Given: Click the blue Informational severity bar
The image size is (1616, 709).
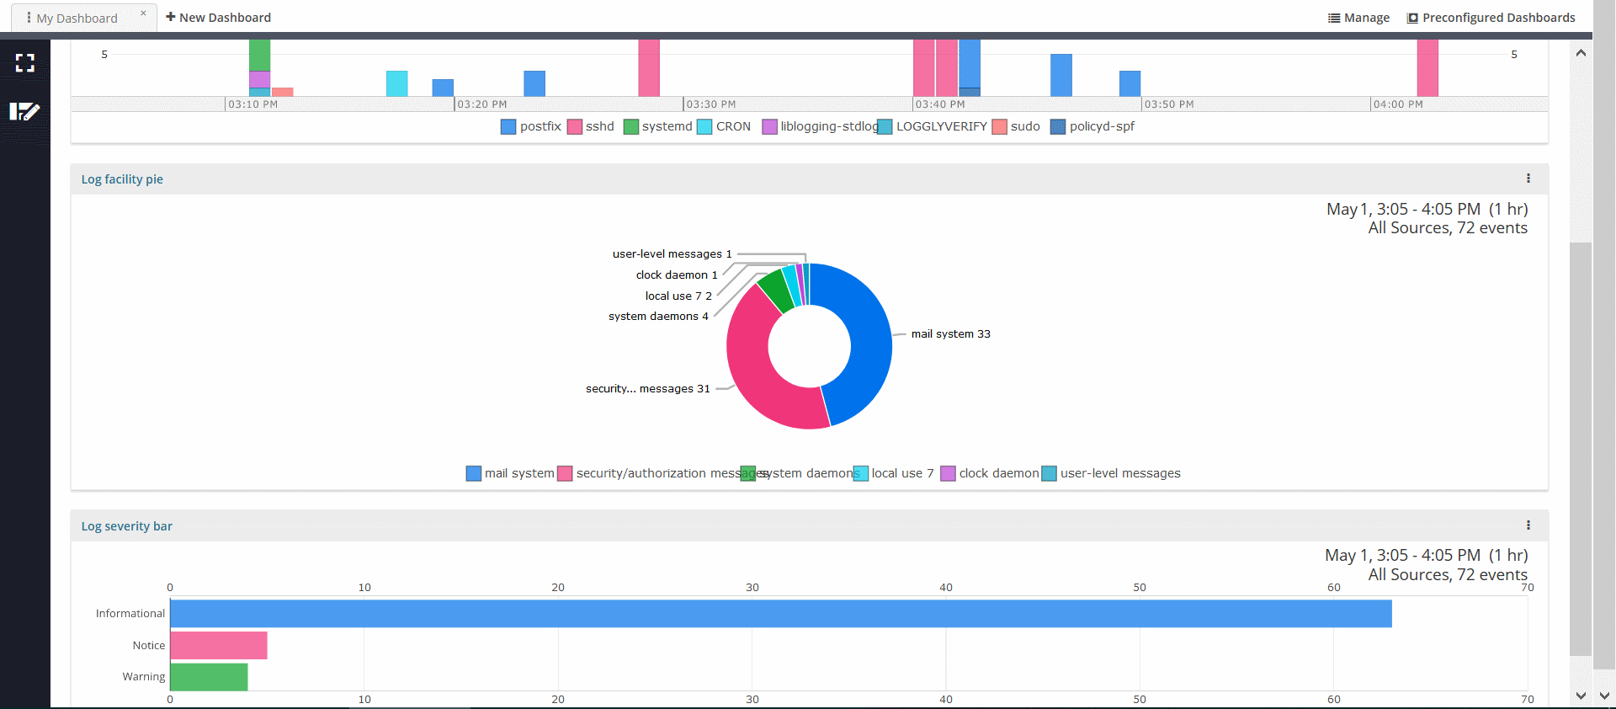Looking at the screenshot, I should tap(780, 613).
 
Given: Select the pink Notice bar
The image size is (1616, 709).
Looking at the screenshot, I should tap(219, 645).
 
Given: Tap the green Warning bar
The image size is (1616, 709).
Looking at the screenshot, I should tap(209, 676).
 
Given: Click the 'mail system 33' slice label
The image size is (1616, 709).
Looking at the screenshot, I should tap(950, 334).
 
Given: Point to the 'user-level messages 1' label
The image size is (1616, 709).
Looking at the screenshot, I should tap(672, 254).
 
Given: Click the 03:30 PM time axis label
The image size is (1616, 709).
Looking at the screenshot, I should tap(710, 104).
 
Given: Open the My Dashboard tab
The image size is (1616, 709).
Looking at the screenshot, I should tap(77, 18).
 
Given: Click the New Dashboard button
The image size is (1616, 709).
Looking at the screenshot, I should tap(219, 18).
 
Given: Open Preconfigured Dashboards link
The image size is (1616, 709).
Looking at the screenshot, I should tap(1491, 18).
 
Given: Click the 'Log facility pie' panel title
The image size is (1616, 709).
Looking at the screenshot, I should tap(122, 179).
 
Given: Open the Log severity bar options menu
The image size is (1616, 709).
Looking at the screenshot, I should tap(1528, 525).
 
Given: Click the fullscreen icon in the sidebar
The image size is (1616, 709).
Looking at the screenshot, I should tap(25, 62).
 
